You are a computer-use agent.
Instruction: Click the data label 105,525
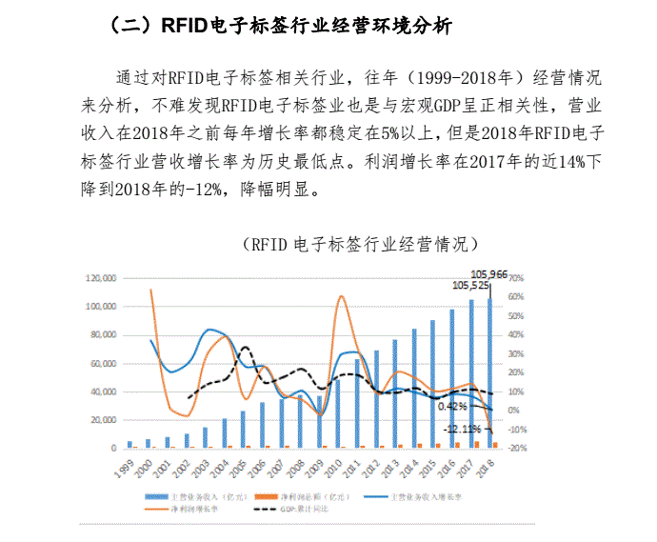coord(470,285)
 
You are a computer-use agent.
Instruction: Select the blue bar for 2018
coord(490,372)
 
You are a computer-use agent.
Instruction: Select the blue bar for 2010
coord(337,413)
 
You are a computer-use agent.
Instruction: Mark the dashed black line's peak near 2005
coord(245,348)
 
